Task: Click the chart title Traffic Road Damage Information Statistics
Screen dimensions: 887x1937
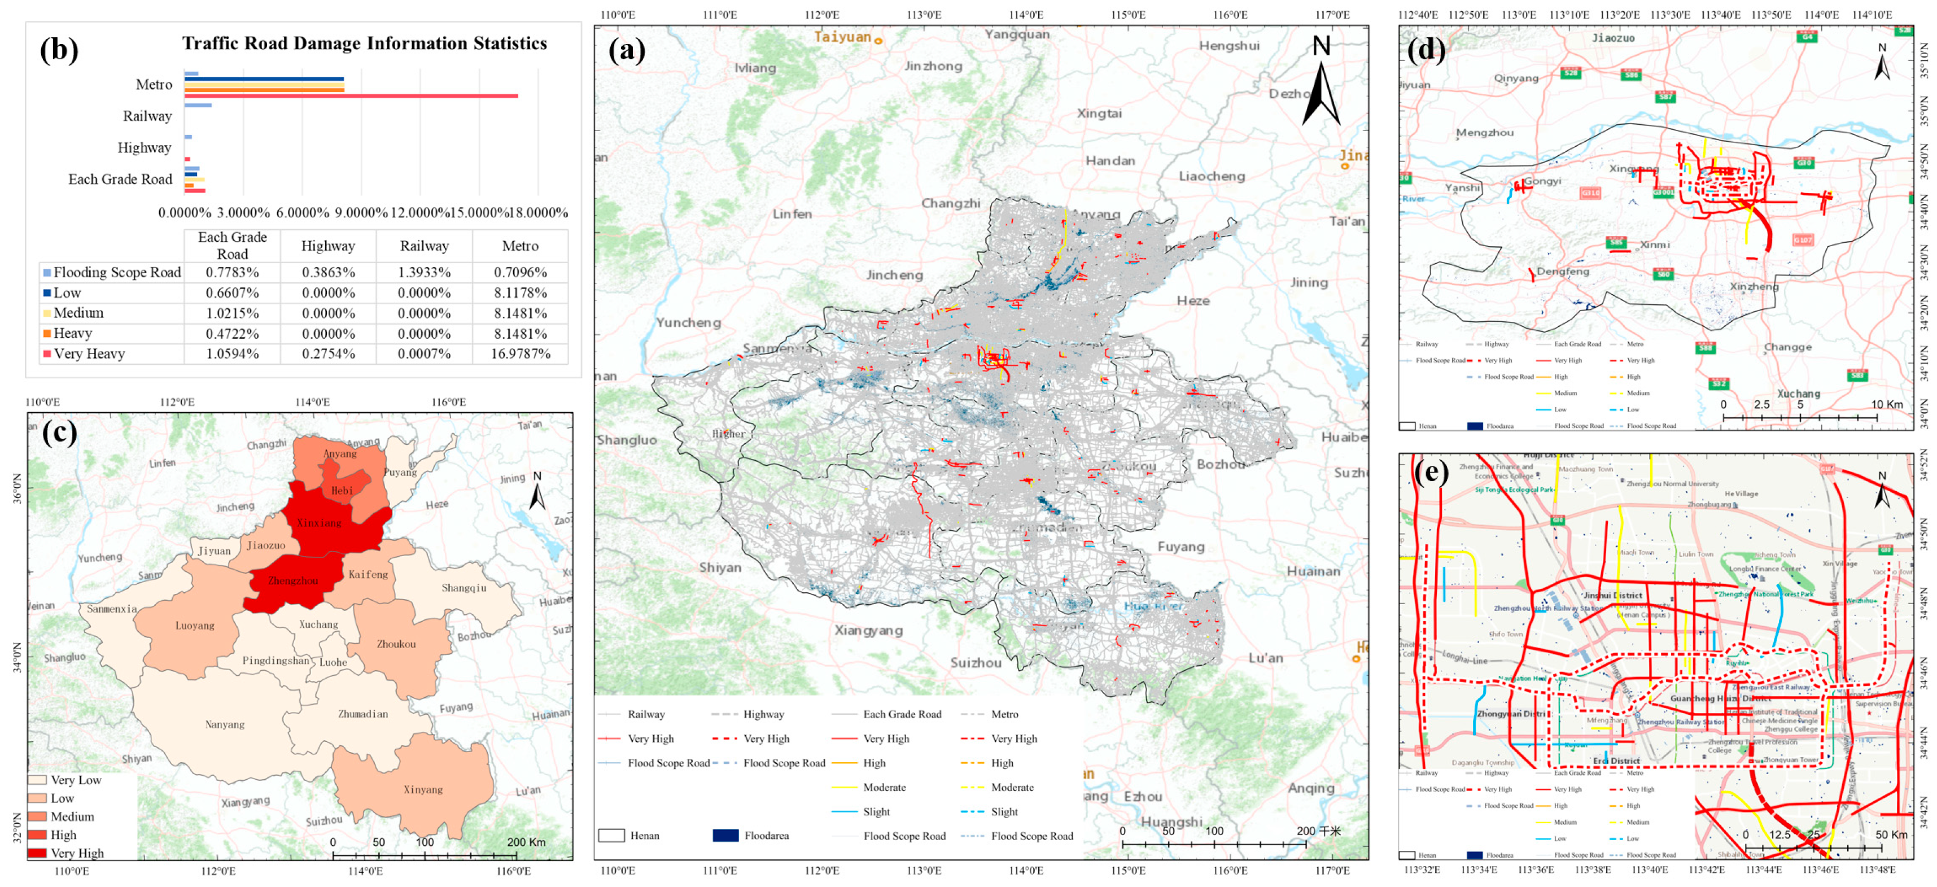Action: pos(364,43)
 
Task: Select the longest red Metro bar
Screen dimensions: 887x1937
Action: pos(351,95)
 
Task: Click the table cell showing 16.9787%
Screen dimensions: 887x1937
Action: pos(521,353)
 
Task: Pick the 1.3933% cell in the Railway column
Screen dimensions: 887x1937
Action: pos(424,272)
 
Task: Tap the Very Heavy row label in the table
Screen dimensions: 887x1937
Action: pos(89,353)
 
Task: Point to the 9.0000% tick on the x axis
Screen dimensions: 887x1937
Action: pos(361,213)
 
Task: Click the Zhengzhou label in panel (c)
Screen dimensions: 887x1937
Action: pos(292,580)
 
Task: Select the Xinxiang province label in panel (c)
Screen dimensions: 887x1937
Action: pos(319,522)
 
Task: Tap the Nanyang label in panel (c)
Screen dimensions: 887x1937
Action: pos(225,724)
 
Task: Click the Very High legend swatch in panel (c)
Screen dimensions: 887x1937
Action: pos(37,853)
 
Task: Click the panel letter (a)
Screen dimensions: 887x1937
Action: pos(626,50)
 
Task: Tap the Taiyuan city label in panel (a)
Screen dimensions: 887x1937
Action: pos(843,37)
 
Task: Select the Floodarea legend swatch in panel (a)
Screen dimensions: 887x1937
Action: pos(725,835)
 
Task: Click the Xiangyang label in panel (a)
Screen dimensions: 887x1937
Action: pos(868,630)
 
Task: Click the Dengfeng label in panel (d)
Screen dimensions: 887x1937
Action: pos(1563,272)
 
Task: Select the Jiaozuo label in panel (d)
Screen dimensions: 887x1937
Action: pos(1613,38)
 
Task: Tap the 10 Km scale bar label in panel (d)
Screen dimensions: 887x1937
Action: pos(1887,404)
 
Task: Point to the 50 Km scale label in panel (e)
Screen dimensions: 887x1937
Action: pos(1891,834)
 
